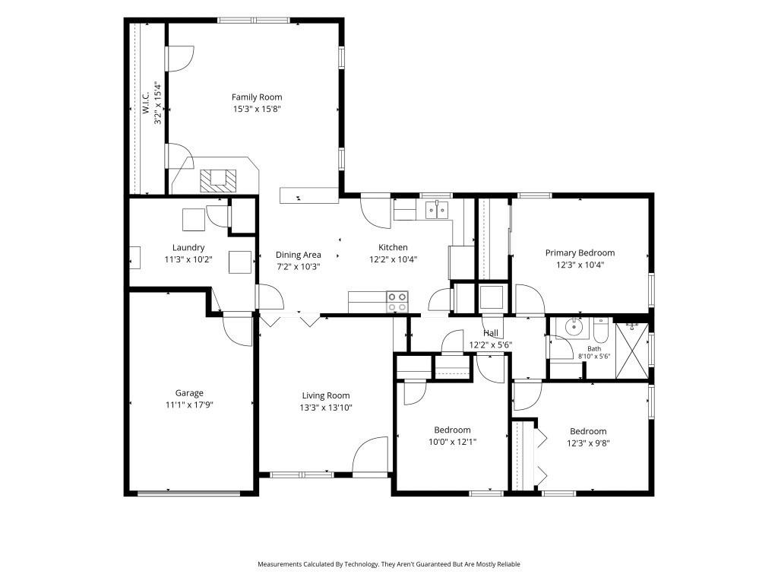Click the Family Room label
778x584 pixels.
pyautogui.click(x=257, y=97)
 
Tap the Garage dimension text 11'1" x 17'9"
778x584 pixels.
pyautogui.click(x=189, y=405)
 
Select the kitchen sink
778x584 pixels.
pyautogui.click(x=437, y=210)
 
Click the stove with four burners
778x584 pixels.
pyautogui.click(x=397, y=302)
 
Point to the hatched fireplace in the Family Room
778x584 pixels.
pyautogui.click(x=218, y=181)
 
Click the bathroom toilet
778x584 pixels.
pyautogui.click(x=600, y=330)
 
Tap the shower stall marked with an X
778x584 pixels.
pyautogui.click(x=631, y=351)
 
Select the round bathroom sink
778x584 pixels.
pyautogui.click(x=574, y=327)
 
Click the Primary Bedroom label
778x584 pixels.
pyautogui.click(x=580, y=252)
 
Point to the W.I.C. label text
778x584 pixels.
pyautogui.click(x=146, y=103)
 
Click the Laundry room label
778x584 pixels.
pyautogui.click(x=188, y=247)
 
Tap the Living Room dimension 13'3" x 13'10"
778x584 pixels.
pyautogui.click(x=326, y=408)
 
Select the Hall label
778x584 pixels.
pyautogui.click(x=491, y=333)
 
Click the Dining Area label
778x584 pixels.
pyautogui.click(x=298, y=255)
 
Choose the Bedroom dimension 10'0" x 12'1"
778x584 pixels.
pyautogui.click(x=453, y=442)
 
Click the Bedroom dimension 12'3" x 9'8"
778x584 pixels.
pyautogui.click(x=588, y=443)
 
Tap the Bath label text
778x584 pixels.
pyautogui.click(x=594, y=348)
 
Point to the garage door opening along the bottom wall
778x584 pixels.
pyautogui.click(x=188, y=493)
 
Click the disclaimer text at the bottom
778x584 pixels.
pyautogui.click(x=388, y=564)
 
